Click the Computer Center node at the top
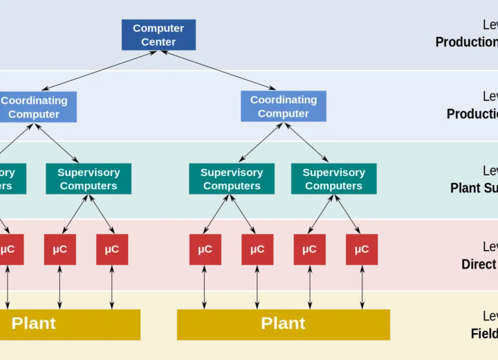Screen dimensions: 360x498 pyautogui.click(x=158, y=35)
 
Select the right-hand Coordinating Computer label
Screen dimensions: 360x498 pyautogui.click(x=284, y=107)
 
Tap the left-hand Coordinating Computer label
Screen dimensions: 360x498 pyautogui.click(x=34, y=107)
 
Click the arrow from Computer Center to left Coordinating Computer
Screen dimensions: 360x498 pyautogui.click(x=100, y=70)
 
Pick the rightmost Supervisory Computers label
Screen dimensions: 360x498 pyautogui.click(x=334, y=179)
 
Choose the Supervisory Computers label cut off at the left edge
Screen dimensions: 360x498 pyautogui.click(x=6, y=179)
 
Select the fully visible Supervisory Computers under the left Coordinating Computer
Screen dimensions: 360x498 pyautogui.click(x=89, y=179)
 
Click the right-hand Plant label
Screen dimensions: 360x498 pyautogui.click(x=283, y=323)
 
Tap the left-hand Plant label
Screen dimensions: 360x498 pyautogui.click(x=34, y=323)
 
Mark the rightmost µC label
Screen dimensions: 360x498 pyautogui.click(x=362, y=249)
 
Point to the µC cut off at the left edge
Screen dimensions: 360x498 pyautogui.click(x=8, y=249)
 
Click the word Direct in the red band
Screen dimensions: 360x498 pyautogui.click(x=479, y=264)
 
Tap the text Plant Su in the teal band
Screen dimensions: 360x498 pyautogui.click(x=474, y=188)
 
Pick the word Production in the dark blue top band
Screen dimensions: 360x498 pyautogui.click(x=466, y=42)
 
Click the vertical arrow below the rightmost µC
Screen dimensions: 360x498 pyautogui.click(x=362, y=285)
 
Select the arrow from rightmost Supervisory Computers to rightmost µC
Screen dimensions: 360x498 pyautogui.click(x=348, y=214)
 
